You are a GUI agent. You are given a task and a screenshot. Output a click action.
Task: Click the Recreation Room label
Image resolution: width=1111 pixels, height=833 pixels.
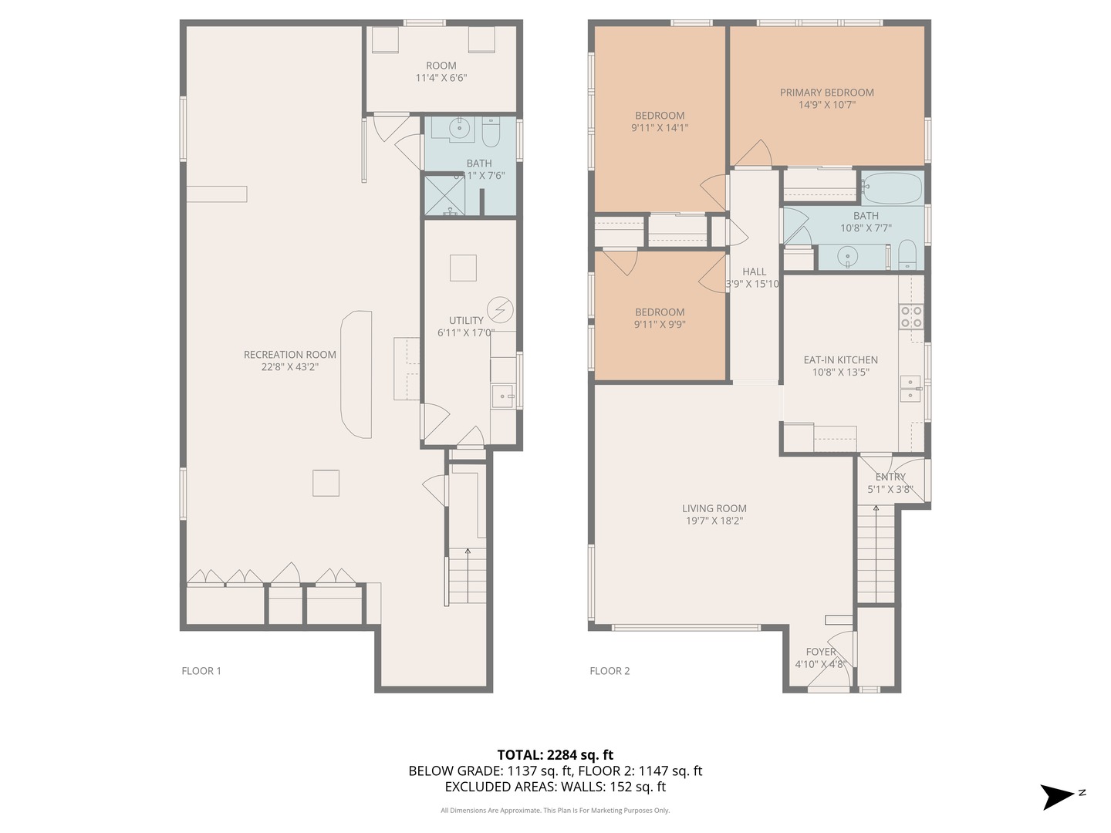pos(289,355)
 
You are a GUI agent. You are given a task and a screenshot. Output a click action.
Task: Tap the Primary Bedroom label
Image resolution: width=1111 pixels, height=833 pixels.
pos(826,93)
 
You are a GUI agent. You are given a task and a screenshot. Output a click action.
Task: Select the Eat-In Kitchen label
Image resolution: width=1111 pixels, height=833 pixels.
pos(840,360)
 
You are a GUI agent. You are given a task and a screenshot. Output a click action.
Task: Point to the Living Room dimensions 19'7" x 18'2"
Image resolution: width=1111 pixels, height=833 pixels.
pos(714,521)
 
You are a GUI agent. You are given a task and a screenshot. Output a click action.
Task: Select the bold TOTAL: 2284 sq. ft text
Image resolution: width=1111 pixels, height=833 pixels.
pos(555,755)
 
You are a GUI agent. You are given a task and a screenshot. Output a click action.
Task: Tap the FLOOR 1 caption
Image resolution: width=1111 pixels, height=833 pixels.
pos(201,671)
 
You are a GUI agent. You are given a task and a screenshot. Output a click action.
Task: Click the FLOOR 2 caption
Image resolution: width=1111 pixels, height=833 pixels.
pos(610,671)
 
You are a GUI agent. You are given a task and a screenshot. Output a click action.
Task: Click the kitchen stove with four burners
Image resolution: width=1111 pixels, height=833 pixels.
pos(910,317)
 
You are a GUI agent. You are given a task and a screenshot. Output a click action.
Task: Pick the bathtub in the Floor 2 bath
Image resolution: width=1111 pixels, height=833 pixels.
pos(892,187)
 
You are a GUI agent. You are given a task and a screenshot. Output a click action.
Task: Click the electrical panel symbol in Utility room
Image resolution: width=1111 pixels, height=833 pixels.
pos(500,310)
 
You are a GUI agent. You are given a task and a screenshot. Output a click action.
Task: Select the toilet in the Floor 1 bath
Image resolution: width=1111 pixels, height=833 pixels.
pos(491,133)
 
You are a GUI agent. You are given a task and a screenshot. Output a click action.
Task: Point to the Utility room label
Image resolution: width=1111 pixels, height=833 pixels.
pos(466,321)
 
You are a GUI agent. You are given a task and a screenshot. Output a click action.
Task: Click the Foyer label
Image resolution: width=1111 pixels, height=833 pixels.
pos(821,652)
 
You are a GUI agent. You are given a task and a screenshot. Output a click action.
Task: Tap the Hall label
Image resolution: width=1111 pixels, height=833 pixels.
pos(754,271)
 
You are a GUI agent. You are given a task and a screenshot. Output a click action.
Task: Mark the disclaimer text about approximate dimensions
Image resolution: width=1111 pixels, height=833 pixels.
pos(555,811)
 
